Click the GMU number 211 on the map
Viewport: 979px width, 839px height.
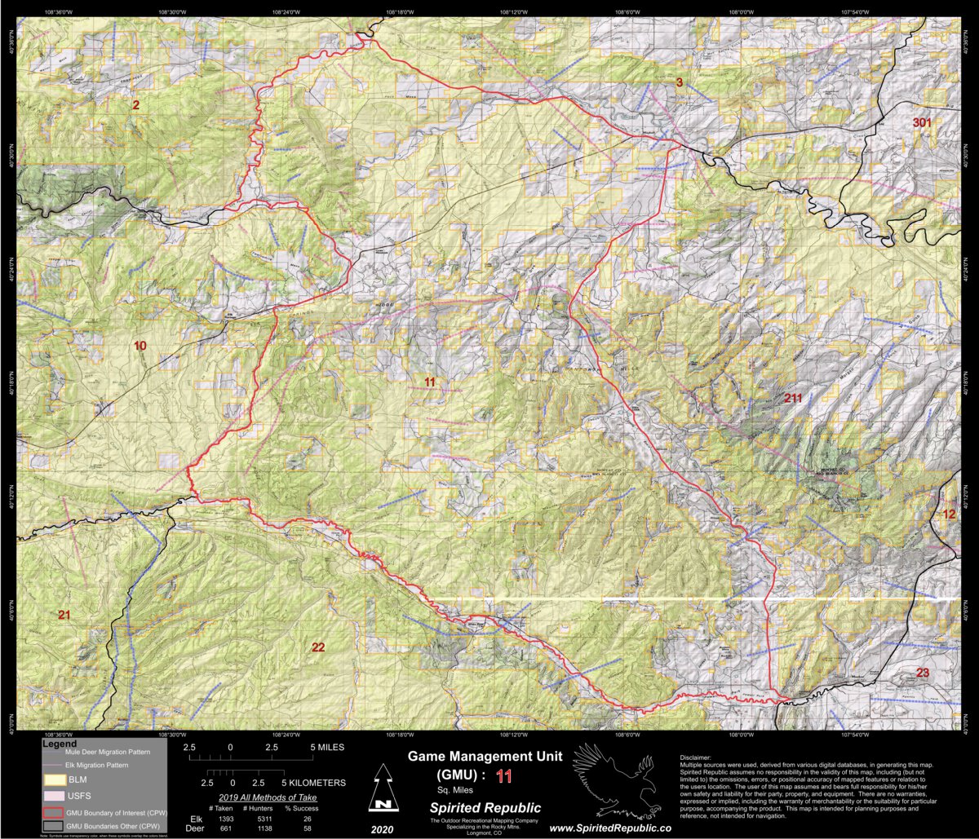(793, 398)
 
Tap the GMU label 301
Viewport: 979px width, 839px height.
(922, 122)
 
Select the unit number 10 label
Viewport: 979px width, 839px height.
(140, 346)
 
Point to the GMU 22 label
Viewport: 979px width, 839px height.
(318, 647)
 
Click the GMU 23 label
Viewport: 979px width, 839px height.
(923, 673)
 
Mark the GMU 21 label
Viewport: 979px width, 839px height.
(64, 614)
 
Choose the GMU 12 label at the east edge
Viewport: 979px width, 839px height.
(949, 514)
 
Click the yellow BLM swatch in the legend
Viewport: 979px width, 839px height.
(54, 779)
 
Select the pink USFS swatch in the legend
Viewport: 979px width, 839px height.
(54, 795)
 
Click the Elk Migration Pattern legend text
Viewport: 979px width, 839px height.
(97, 766)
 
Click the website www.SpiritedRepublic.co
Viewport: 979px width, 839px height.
(610, 828)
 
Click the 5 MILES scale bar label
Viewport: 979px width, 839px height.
(326, 747)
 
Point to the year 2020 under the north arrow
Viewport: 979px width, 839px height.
(380, 828)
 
